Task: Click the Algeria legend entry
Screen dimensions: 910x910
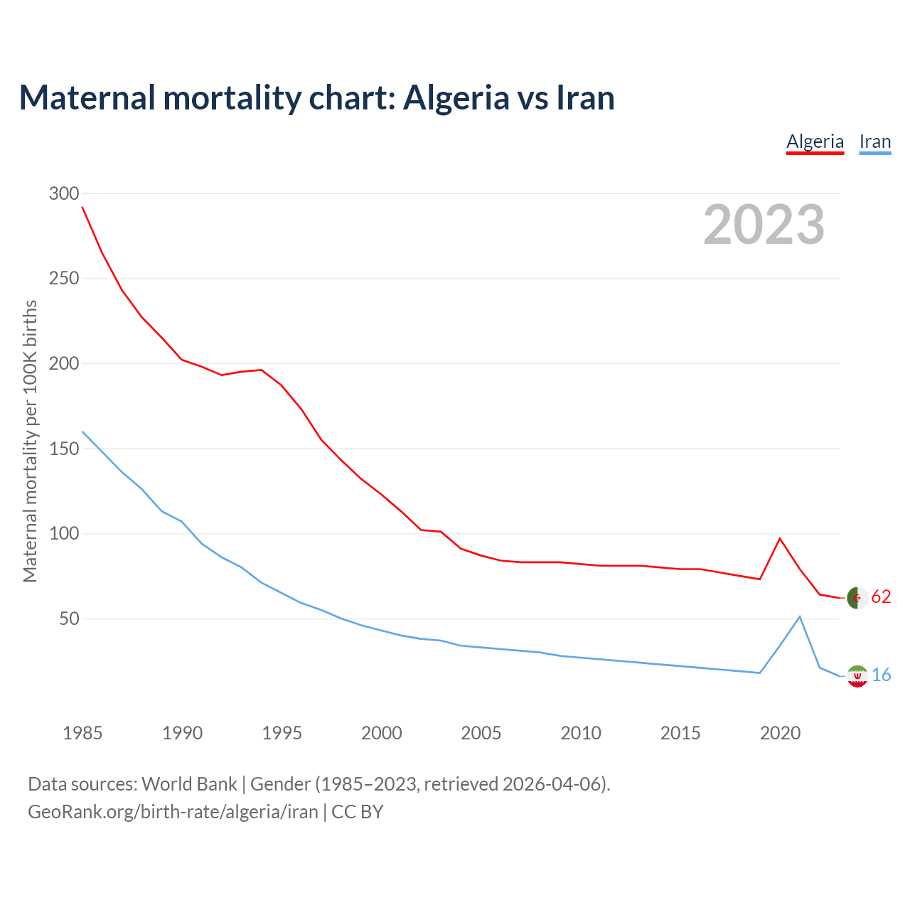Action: (815, 141)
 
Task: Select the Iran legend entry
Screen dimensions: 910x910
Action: (874, 141)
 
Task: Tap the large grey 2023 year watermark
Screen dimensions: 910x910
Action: (764, 225)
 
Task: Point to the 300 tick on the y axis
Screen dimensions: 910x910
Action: (64, 193)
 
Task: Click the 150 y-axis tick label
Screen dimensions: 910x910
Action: (64, 449)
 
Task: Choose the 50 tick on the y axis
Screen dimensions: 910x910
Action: (69, 619)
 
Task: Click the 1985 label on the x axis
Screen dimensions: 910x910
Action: (82, 733)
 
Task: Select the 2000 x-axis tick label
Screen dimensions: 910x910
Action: (382, 733)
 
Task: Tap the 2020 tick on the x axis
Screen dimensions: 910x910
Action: (780, 733)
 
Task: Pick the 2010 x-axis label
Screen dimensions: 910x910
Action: (581, 733)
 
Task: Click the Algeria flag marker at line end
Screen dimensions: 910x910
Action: (857, 598)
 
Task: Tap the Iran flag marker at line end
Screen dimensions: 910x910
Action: (857, 676)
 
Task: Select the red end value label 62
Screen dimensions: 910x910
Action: (881, 597)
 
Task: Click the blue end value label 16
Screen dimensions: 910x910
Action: (881, 675)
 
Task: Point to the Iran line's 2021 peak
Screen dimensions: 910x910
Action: (800, 616)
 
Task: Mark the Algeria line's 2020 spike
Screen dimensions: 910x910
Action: (780, 538)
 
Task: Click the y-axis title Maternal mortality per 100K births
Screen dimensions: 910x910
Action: (30, 441)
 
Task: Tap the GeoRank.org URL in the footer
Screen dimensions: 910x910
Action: (173, 812)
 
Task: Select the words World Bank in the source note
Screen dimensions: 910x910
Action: (189, 784)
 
